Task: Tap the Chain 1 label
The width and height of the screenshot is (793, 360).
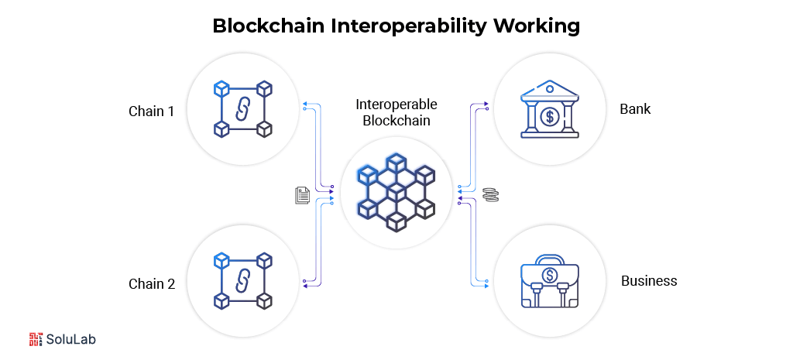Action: pyautogui.click(x=151, y=111)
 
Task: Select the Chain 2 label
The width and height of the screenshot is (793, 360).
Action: pyautogui.click(x=151, y=283)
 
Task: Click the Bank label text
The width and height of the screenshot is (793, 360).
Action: pyautogui.click(x=635, y=108)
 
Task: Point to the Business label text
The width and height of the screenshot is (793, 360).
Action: pyautogui.click(x=649, y=280)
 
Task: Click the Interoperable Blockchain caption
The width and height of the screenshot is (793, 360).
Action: pyautogui.click(x=396, y=112)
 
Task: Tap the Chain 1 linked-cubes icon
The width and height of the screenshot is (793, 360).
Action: pyautogui.click(x=242, y=108)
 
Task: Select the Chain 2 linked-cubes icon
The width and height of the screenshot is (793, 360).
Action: pyautogui.click(x=242, y=280)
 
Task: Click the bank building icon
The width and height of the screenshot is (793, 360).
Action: pyautogui.click(x=550, y=108)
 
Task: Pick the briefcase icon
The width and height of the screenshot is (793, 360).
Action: pyautogui.click(x=550, y=282)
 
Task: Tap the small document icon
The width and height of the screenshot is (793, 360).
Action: pyautogui.click(x=302, y=195)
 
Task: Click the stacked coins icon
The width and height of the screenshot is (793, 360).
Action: pyautogui.click(x=489, y=195)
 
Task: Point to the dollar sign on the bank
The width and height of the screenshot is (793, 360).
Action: pyautogui.click(x=550, y=118)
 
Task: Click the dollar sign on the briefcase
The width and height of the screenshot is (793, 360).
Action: pyautogui.click(x=550, y=275)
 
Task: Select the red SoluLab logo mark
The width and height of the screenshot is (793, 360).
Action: pyautogui.click(x=36, y=339)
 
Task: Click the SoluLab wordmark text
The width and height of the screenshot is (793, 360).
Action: pyautogui.click(x=71, y=339)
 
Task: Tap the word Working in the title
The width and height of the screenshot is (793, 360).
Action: pyautogui.click(x=540, y=26)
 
